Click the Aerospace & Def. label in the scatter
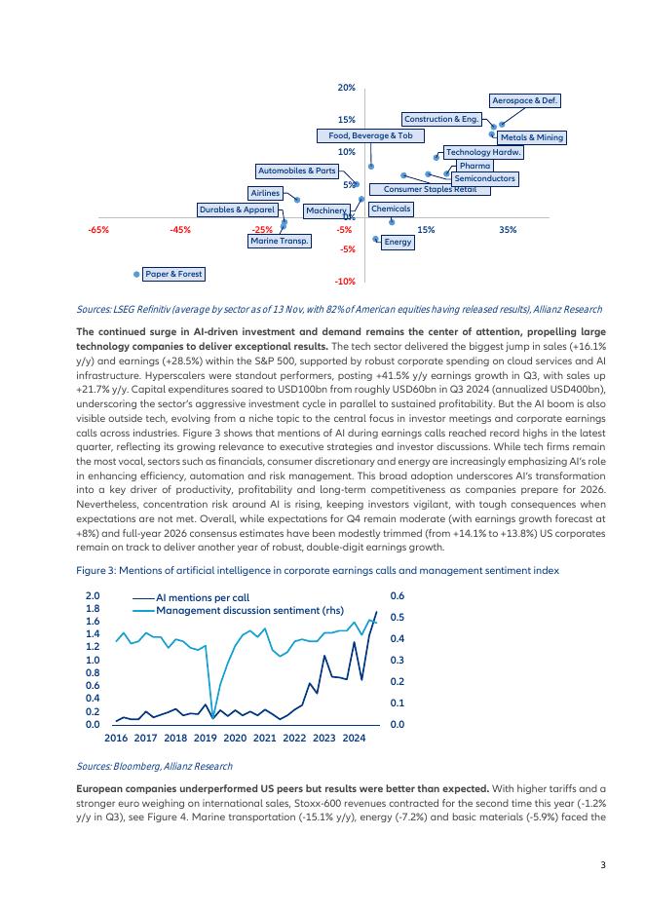526,100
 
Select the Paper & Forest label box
173,274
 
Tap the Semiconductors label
484,179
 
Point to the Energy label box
398,242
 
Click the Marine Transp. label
280,241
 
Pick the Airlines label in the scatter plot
265,193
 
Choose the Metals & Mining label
532,137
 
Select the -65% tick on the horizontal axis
97,230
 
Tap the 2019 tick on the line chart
205,739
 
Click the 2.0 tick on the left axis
93,595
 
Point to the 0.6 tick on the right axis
397,595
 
